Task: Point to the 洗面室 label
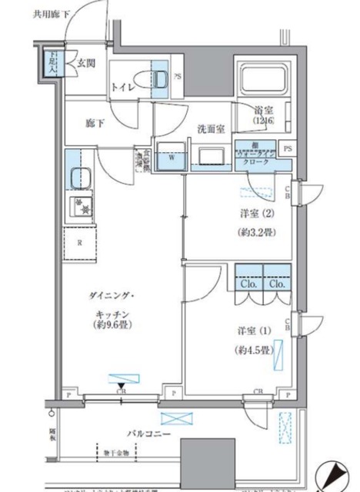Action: (208, 129)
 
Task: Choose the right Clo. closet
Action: (276, 282)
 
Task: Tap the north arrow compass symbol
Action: (336, 472)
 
